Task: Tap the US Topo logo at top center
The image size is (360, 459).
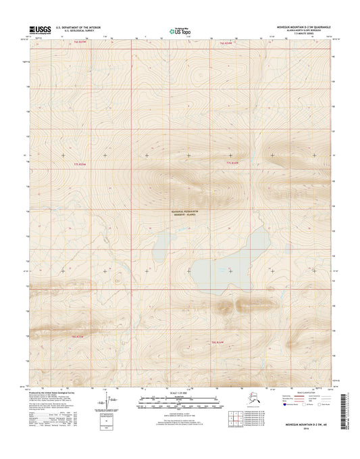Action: pos(179,30)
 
